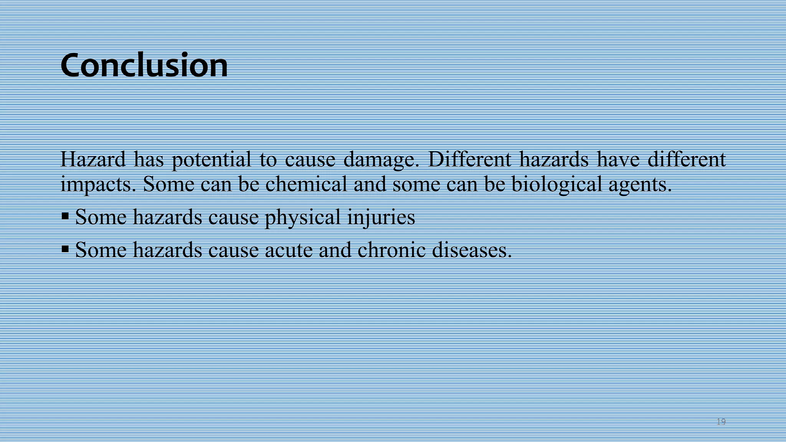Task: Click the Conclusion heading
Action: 144,65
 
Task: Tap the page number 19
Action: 721,422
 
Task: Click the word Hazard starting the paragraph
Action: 93,159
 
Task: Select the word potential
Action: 211,160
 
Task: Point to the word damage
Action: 381,160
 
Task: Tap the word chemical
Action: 306,184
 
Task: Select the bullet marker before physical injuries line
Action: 65,217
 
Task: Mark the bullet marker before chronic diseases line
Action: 65,250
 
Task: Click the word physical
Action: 302,218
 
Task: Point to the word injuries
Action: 381,218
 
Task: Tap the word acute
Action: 288,251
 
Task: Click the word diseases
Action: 472,250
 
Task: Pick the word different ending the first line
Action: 687,159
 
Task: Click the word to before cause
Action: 268,160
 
